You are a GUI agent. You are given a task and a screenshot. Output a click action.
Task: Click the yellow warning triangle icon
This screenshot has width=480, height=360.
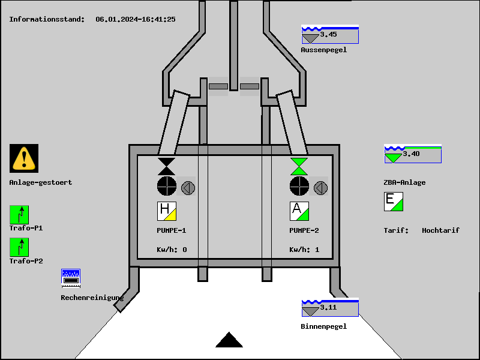(24, 158)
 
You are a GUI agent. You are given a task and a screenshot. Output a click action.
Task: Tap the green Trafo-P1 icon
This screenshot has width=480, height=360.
(19, 215)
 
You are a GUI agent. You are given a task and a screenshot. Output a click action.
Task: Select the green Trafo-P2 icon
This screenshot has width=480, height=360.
(19, 247)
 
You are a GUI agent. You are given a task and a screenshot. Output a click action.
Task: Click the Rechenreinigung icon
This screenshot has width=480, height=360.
(71, 277)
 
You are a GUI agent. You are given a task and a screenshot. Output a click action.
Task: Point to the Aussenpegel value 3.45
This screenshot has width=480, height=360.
(329, 35)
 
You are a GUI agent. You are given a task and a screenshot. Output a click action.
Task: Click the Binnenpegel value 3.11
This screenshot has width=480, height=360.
(329, 308)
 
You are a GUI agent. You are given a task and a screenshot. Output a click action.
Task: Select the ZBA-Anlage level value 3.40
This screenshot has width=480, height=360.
(412, 154)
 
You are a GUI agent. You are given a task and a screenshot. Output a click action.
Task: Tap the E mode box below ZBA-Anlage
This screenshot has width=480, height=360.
(394, 201)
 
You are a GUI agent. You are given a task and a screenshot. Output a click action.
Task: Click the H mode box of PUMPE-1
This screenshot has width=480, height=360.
(167, 211)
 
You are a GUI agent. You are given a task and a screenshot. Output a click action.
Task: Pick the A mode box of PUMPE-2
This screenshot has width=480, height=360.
(299, 211)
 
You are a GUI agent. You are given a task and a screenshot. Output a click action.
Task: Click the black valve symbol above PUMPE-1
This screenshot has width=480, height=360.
(167, 166)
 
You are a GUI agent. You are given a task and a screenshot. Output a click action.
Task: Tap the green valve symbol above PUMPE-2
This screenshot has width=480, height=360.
(299, 166)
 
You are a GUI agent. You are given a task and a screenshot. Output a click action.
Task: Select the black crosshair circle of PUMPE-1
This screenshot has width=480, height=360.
(167, 186)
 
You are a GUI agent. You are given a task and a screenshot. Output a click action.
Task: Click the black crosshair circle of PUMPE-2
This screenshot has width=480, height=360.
(299, 186)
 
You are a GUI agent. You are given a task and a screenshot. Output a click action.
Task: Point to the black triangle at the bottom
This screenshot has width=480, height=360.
(229, 341)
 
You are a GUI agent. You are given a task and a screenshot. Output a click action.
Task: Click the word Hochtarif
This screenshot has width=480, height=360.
(440, 230)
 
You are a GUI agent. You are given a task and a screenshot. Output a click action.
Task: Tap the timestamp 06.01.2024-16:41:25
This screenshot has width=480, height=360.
(136, 19)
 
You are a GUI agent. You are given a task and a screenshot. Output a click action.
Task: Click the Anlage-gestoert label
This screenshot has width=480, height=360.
(41, 182)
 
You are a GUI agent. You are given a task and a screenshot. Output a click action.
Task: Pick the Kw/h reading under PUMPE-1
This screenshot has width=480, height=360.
(172, 250)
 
